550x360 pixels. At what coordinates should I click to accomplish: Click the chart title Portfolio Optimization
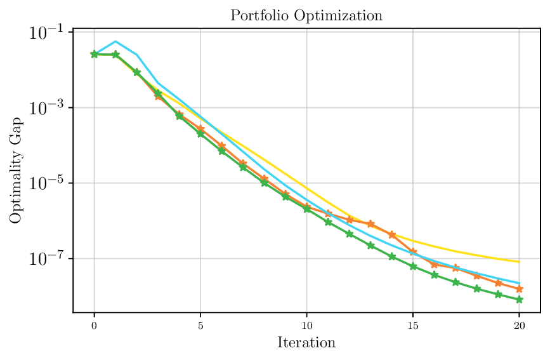click(x=306, y=16)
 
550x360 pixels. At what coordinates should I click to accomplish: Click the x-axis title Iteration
click(x=306, y=343)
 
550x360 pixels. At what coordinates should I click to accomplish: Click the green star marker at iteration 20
click(x=519, y=299)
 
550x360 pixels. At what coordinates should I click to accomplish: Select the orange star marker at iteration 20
click(x=519, y=289)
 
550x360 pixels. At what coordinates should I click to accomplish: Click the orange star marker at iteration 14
click(x=392, y=235)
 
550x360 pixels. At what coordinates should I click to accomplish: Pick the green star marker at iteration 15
click(x=413, y=267)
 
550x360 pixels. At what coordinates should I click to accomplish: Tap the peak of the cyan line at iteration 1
click(x=115, y=41)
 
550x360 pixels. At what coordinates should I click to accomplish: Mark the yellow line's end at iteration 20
click(x=519, y=262)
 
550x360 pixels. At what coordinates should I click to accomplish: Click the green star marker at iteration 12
click(x=350, y=234)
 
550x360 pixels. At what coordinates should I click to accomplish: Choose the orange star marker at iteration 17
click(x=455, y=268)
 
